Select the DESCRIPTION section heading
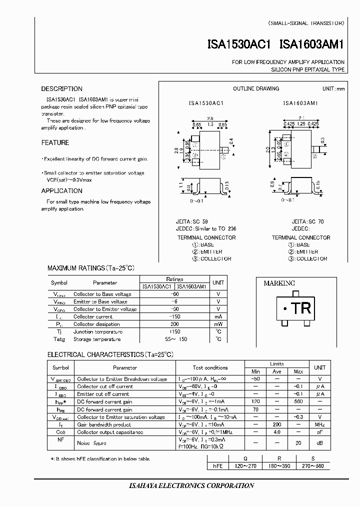[x=61, y=89]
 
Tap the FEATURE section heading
[x=55, y=142]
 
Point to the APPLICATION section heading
[x=61, y=190]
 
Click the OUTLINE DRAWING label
[x=256, y=88]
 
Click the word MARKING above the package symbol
[x=279, y=283]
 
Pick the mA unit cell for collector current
[x=218, y=316]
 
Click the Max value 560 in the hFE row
[x=298, y=401]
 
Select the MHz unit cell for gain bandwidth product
[x=319, y=424]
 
